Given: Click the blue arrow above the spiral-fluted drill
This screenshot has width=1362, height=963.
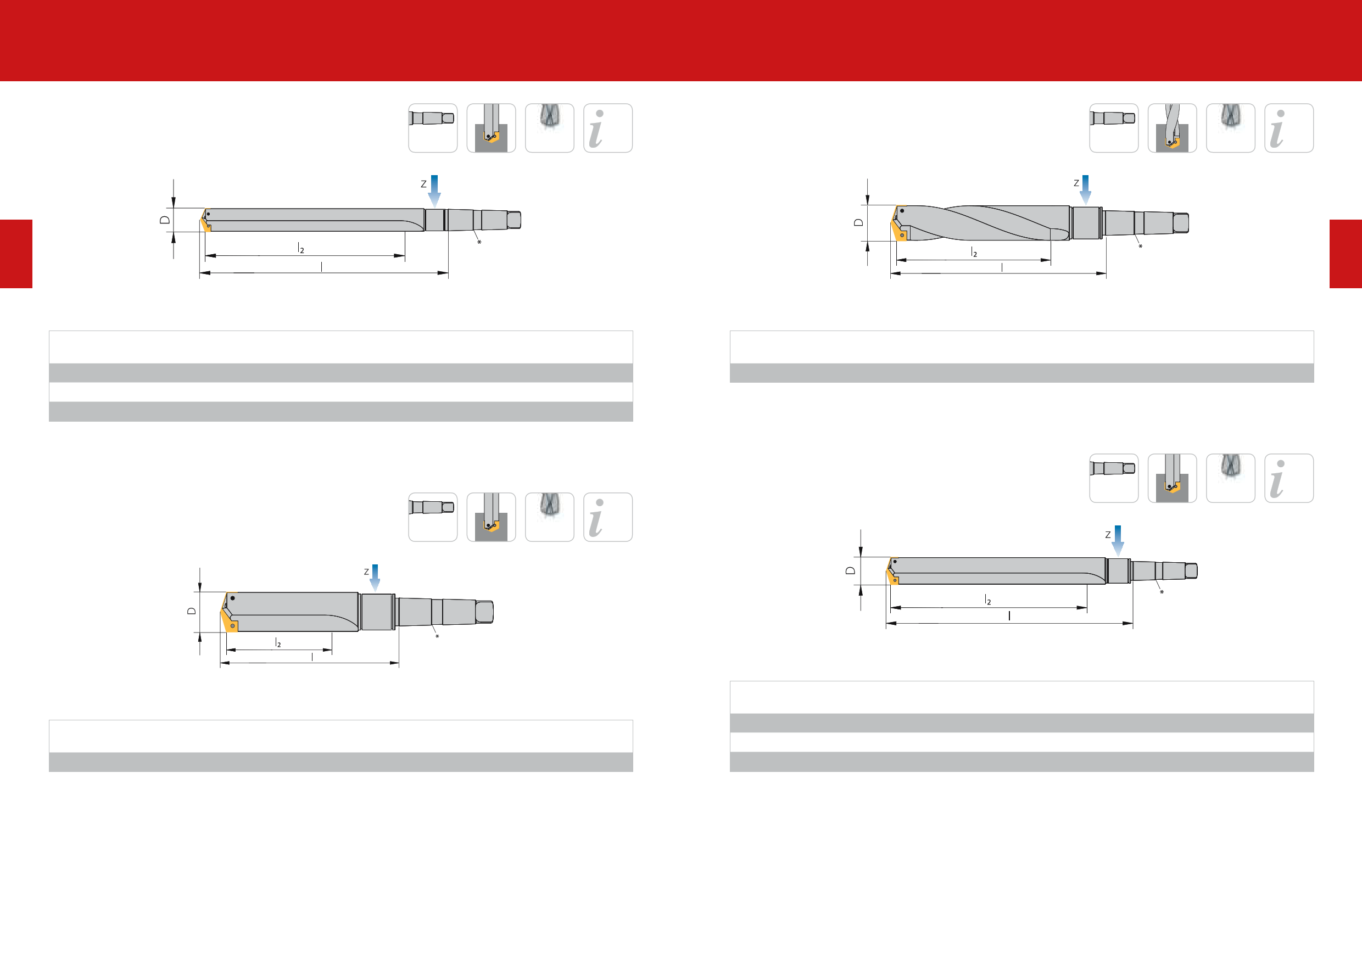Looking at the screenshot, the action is click(x=1086, y=190).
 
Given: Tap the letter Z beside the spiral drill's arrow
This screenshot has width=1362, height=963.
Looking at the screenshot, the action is click(x=1076, y=183).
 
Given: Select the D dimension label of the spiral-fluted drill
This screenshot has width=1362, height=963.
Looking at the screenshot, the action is click(x=858, y=222).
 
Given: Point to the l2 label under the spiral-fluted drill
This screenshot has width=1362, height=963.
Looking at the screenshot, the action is click(x=974, y=252).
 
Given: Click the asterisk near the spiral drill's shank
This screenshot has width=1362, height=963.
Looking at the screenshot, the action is click(x=1140, y=246).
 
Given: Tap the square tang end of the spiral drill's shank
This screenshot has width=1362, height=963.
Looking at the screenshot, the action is click(x=1180, y=223).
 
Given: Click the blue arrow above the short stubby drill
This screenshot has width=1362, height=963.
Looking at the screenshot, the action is click(x=375, y=578).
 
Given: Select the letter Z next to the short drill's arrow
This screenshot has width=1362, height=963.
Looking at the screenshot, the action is click(x=367, y=572).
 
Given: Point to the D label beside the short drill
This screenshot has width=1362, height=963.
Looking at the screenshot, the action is click(x=192, y=611).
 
